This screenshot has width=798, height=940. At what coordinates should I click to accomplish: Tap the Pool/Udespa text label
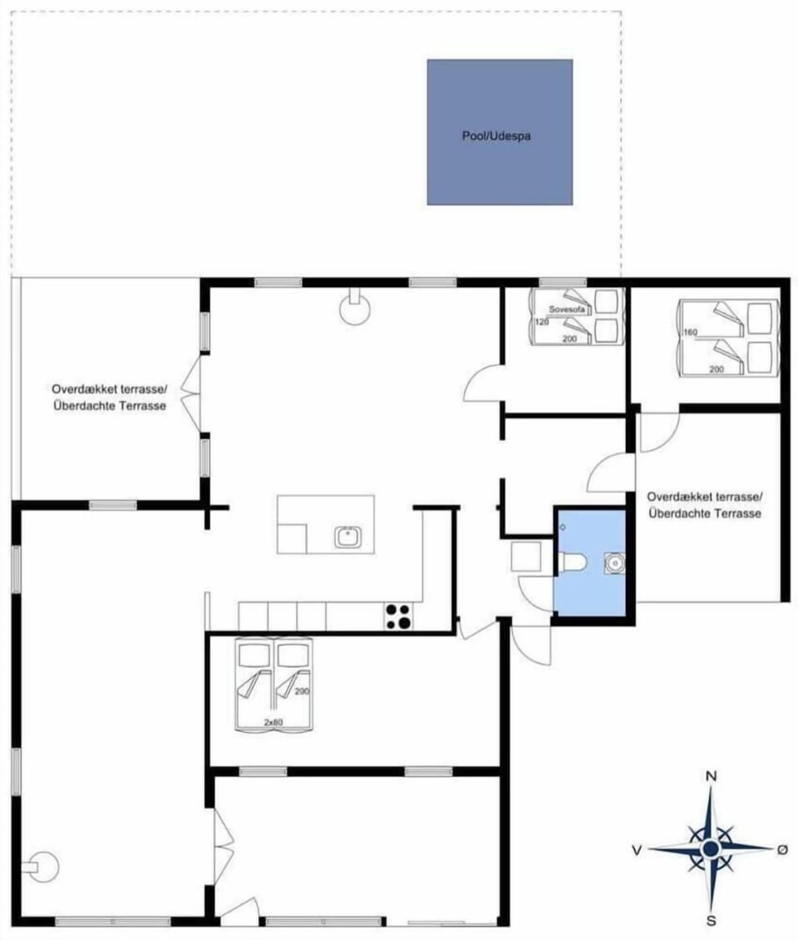pos(496,136)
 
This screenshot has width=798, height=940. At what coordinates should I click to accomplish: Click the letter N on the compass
pos(712,776)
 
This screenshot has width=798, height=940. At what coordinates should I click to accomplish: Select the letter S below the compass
pos(712,920)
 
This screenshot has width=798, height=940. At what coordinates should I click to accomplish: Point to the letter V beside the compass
pos(636,849)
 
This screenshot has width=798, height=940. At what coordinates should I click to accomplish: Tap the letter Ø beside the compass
pos(781,849)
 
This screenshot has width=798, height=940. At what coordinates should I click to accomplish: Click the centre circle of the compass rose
pos(711,848)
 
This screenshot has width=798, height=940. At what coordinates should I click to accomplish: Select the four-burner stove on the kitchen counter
pos(398,616)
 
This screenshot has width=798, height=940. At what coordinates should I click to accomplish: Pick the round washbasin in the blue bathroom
pos(614,563)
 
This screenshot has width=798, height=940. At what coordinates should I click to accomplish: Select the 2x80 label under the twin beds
pos(272,722)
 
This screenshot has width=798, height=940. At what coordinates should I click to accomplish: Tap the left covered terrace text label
pos(109,397)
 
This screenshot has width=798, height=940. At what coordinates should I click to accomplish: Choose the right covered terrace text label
pos(705,505)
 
